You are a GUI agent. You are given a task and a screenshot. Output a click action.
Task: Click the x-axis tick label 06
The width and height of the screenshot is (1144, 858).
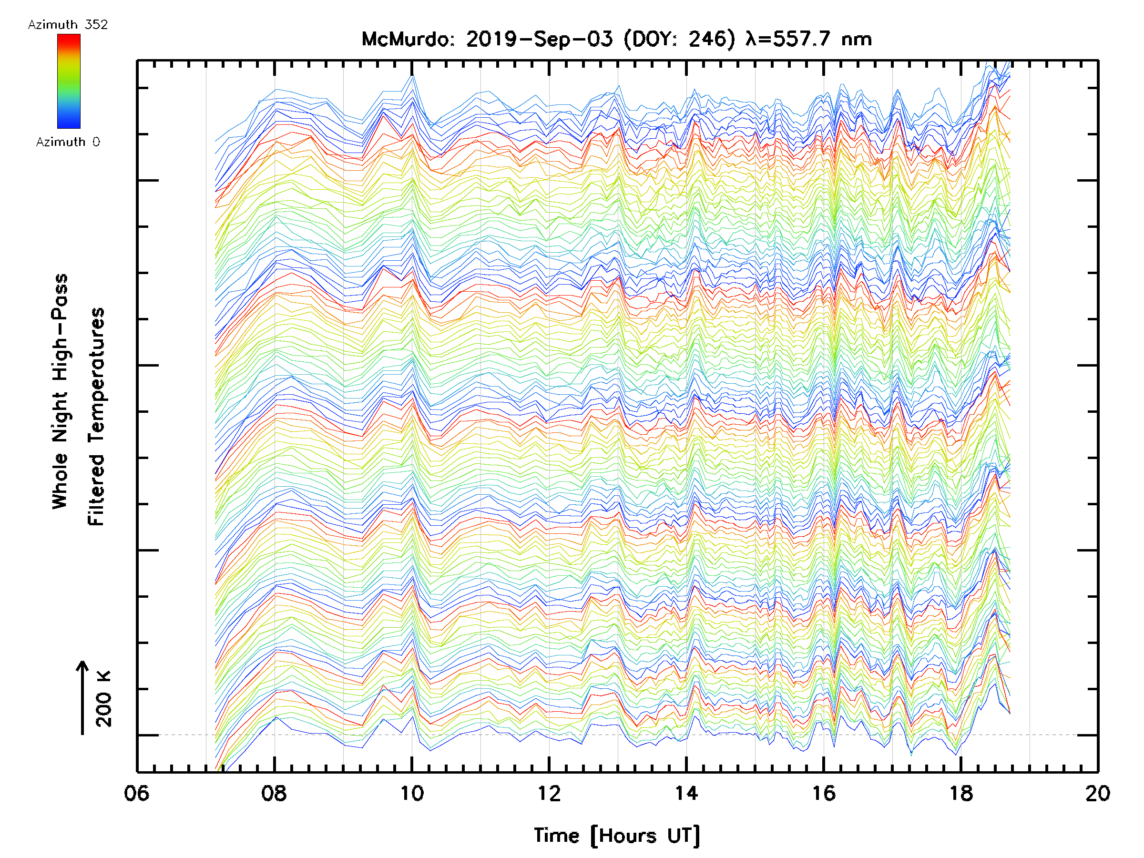tap(136, 793)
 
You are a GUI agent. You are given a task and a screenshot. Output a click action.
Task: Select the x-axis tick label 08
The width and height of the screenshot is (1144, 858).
tap(274, 793)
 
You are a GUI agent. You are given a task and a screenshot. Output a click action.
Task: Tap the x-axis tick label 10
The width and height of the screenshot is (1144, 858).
tap(412, 793)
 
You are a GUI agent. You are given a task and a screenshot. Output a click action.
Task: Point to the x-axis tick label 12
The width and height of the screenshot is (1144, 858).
tap(549, 793)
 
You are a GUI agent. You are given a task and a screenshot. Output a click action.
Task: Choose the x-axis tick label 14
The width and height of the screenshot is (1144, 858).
tap(686, 793)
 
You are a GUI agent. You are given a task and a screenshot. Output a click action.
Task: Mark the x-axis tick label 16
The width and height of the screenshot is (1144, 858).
tap(823, 793)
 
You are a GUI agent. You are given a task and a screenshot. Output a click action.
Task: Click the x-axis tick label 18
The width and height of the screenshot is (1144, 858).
tap(961, 793)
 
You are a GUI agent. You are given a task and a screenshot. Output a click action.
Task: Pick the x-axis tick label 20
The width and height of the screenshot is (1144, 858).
tap(1097, 793)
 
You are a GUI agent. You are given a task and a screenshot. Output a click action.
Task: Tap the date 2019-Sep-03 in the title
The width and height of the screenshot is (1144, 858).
tap(540, 39)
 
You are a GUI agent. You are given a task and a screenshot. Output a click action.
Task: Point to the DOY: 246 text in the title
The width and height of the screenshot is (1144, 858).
tap(679, 39)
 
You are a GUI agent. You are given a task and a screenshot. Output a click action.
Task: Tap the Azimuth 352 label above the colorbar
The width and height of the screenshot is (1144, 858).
tap(68, 25)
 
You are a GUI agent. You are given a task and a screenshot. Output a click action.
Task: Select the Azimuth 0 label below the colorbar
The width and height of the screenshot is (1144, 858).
tap(68, 142)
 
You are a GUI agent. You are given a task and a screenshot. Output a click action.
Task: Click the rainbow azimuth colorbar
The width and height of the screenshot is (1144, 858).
tap(69, 81)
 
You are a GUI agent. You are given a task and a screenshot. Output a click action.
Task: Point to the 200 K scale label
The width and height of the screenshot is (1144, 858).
tap(104, 699)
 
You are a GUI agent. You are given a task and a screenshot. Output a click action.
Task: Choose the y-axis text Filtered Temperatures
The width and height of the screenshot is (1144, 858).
tap(96, 417)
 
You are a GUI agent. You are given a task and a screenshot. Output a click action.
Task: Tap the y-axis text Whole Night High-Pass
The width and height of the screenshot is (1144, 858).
tap(60, 391)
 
